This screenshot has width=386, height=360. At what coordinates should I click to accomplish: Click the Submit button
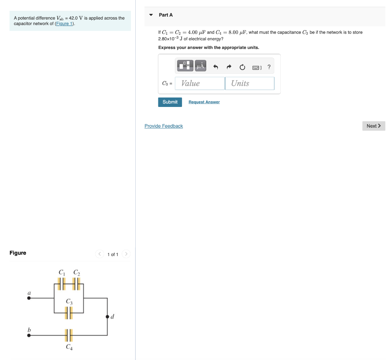click(170, 102)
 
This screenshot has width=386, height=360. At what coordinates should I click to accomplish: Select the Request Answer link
click(204, 102)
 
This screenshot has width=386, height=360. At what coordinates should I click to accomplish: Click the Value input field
click(200, 83)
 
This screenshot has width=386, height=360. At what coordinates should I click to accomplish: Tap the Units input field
click(250, 83)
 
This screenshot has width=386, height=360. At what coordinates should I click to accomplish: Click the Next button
click(374, 126)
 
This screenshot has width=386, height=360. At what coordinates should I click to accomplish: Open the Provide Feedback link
click(164, 126)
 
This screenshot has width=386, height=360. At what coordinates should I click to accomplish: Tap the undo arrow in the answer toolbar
click(216, 67)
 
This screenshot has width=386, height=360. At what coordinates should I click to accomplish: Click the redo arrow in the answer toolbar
click(229, 67)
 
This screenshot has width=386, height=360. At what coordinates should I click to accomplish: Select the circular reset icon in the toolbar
click(242, 67)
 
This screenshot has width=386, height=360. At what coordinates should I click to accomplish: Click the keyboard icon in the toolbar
click(256, 67)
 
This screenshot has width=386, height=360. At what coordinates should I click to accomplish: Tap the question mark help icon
click(269, 67)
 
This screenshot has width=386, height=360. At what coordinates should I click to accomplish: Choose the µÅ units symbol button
click(201, 66)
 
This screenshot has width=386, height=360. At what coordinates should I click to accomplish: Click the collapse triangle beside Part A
click(151, 15)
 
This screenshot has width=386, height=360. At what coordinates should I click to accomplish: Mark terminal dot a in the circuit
click(29, 298)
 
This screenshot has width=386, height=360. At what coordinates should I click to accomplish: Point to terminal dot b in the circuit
click(29, 335)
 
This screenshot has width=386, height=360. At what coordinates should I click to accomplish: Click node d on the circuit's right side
click(107, 316)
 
